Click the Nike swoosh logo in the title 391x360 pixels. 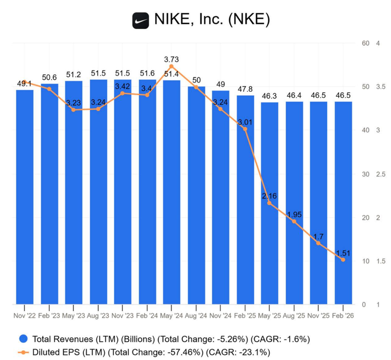[x=141, y=21]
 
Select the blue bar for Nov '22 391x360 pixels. [x=24, y=197]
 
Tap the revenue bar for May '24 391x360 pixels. [x=172, y=192]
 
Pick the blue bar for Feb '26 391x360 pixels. [x=343, y=203]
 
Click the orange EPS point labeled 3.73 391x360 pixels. [x=171, y=66]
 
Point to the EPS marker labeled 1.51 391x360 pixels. [x=343, y=260]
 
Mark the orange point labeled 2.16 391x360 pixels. [x=269, y=203]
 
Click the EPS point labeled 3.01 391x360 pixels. [x=245, y=129]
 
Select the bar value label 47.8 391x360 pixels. [x=245, y=89]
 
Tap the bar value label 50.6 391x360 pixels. [x=49, y=77]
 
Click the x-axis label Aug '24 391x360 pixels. [x=196, y=316]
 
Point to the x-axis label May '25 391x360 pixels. [x=269, y=316]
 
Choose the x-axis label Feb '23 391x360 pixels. [x=49, y=316]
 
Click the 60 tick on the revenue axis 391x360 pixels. [x=366, y=43]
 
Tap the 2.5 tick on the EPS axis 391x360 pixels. [x=380, y=174]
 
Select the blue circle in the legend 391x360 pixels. [x=23, y=339]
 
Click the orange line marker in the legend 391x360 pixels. [x=23, y=352]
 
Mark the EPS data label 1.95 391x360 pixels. [x=294, y=214]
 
